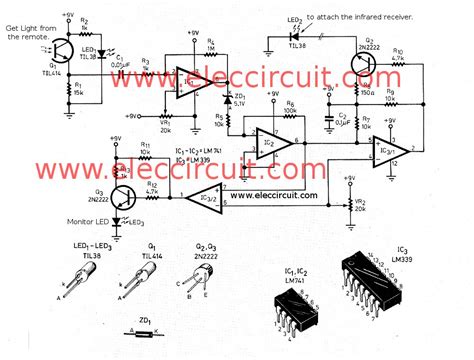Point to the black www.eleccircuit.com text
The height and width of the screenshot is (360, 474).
click(x=286, y=194)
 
